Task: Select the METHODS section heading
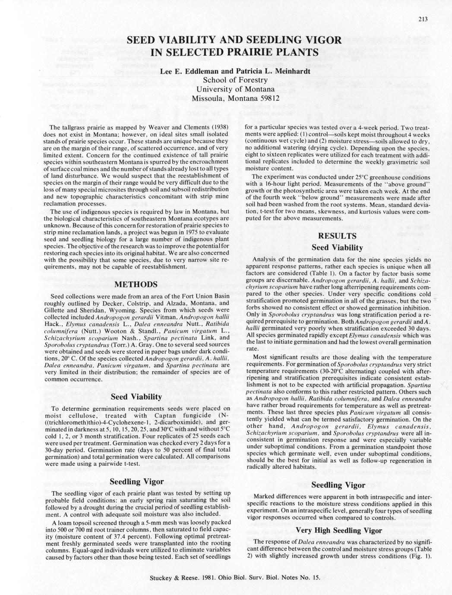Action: point(136,284)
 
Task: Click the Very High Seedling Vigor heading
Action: point(338,530)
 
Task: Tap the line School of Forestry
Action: point(235,80)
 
